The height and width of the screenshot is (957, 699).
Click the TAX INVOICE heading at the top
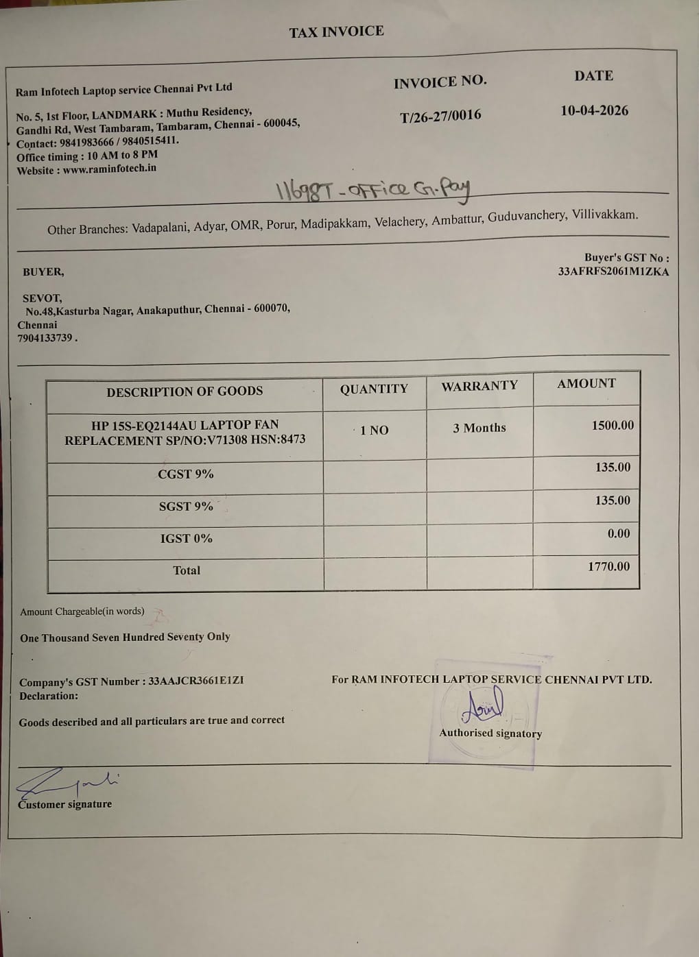pos(336,32)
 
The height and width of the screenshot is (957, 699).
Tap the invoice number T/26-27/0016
pos(440,116)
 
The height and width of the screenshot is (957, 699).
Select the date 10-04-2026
pos(594,110)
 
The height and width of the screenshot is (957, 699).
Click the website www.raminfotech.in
pos(109,169)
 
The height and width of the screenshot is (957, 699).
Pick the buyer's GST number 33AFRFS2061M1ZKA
pos(613,271)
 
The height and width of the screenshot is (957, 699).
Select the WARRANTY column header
pos(479,386)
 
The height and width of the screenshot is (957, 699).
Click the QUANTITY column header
pos(374,389)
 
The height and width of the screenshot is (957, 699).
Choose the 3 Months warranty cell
pos(479,428)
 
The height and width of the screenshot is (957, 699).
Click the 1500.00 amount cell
pos(613,425)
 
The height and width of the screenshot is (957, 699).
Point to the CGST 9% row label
pos(185,474)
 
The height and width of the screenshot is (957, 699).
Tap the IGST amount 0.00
pos(618,533)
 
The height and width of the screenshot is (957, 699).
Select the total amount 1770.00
pos(608,566)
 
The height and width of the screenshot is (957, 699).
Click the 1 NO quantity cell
pos(375,431)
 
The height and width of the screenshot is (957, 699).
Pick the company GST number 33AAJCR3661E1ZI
pos(196,681)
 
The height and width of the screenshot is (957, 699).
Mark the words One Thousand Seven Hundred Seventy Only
pos(125,637)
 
